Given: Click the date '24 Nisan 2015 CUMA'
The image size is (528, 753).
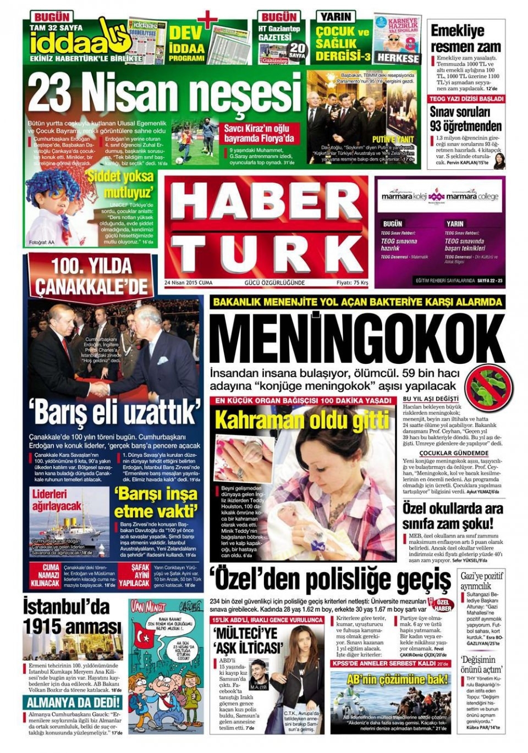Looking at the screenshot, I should click(x=188, y=283).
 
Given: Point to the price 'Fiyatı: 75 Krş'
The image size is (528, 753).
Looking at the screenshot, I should click(x=352, y=283).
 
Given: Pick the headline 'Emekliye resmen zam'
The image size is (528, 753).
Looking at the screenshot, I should click(x=465, y=38).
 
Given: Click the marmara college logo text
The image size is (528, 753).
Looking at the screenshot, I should click(x=471, y=197).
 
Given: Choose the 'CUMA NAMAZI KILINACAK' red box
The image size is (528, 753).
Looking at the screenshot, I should click(x=45, y=575).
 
